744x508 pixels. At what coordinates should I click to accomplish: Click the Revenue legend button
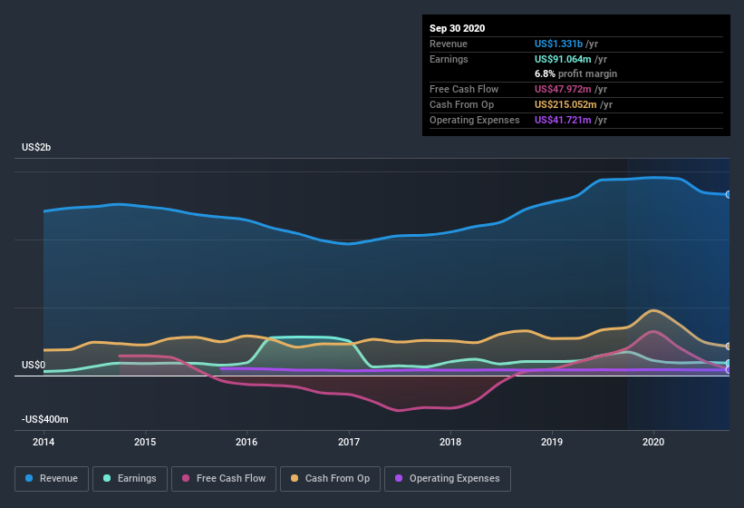point(52,478)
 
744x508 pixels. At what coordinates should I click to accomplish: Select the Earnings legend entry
point(130,478)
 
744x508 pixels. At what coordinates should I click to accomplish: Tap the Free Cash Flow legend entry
point(223,478)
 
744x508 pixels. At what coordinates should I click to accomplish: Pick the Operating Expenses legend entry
point(447,478)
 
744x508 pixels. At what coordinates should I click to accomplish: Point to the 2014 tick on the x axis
point(43,442)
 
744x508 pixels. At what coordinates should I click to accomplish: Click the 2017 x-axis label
point(349,442)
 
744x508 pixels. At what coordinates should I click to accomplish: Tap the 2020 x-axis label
point(653,442)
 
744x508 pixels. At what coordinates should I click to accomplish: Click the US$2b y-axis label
point(37,147)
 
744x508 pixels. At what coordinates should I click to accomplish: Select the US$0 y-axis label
point(34,365)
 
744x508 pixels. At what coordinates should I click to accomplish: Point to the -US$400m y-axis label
point(46,419)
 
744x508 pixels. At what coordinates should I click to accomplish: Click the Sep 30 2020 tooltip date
point(458,28)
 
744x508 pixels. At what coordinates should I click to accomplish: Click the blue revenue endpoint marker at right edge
point(729,194)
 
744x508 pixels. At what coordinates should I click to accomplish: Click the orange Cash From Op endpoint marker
point(729,347)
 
